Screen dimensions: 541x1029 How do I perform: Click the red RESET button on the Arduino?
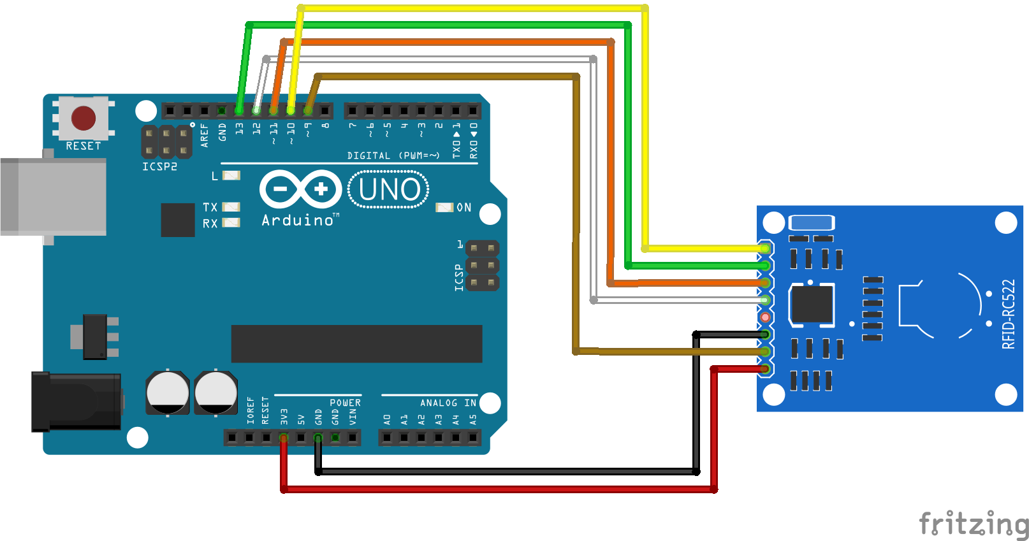[84, 119]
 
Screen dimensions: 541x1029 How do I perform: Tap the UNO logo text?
[389, 189]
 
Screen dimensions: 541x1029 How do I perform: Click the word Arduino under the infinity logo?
[298, 220]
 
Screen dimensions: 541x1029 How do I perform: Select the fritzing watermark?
[973, 524]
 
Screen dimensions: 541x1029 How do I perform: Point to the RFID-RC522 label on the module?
[1008, 314]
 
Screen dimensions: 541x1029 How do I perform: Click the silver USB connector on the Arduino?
[54, 197]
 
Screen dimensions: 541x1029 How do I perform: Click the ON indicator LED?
[444, 208]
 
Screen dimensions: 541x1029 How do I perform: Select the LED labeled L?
[231, 175]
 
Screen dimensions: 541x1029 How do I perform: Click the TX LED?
[231, 207]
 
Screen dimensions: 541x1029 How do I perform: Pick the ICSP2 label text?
[159, 166]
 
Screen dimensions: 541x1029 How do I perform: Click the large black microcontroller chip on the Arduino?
[356, 343]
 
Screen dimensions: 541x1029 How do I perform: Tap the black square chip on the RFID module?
[811, 304]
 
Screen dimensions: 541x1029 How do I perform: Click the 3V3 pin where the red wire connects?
[284, 438]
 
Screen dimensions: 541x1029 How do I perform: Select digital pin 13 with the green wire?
[239, 110]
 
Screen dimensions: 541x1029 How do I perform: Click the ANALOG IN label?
[448, 403]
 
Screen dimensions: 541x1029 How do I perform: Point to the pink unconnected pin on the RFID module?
[765, 317]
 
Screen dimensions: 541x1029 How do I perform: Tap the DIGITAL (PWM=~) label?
[393, 155]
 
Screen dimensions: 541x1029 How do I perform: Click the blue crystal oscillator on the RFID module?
[811, 222]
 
